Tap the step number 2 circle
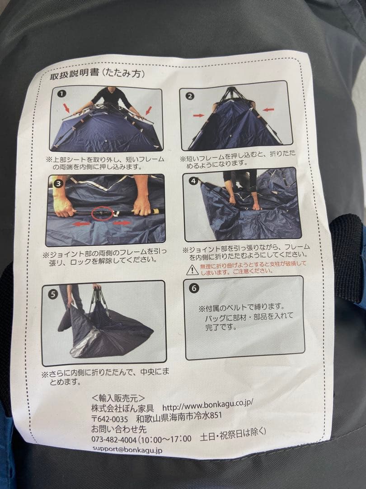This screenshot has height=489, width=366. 190,96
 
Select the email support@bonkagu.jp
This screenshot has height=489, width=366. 127,450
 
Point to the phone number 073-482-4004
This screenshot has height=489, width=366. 113,439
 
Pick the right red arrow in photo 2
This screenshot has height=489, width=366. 268,109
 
